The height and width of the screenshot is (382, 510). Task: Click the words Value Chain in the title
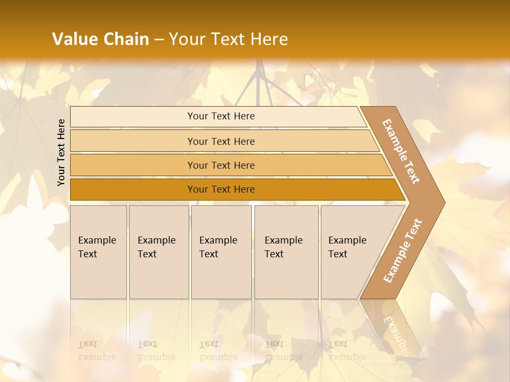[100, 39]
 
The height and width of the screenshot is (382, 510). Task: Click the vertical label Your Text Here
[61, 152]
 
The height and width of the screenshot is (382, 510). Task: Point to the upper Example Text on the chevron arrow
[401, 151]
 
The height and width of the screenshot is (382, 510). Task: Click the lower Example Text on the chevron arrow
[403, 250]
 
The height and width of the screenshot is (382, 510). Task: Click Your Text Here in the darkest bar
[221, 189]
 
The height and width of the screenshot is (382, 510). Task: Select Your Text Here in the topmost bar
[221, 116]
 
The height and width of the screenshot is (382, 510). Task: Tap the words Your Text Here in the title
[228, 39]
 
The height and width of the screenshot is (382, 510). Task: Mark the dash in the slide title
[159, 40]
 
